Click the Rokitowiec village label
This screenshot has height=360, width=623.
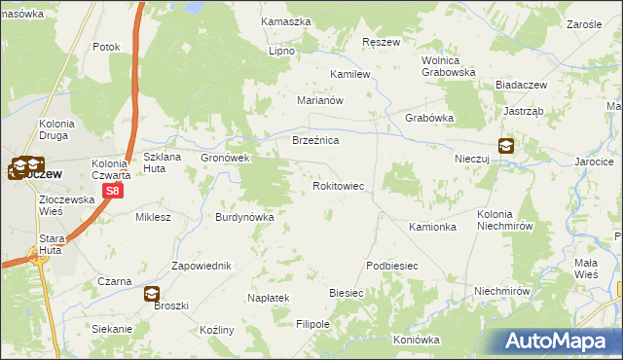(x=338, y=185)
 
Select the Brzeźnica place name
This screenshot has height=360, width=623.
(x=315, y=141)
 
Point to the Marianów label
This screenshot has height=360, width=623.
(x=321, y=100)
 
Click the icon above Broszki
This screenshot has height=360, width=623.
(x=151, y=293)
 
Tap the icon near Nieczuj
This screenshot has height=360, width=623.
(x=507, y=146)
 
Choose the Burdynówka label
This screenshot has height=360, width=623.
(x=245, y=217)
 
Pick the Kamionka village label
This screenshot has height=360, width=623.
(x=433, y=227)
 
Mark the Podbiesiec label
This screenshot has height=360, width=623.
(x=391, y=266)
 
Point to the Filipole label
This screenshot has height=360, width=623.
(x=313, y=323)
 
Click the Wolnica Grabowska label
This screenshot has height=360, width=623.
(x=448, y=65)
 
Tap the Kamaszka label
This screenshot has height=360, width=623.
(x=285, y=20)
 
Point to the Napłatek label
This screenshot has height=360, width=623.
(x=268, y=298)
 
